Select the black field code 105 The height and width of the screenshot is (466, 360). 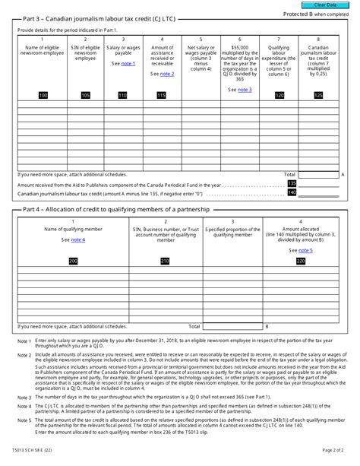pyautogui.click(x=85, y=95)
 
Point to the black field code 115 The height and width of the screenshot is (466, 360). pyautogui.click(x=161, y=95)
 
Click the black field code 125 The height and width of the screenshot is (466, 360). pyautogui.click(x=317, y=95)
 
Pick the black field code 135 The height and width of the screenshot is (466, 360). pyautogui.click(x=292, y=184)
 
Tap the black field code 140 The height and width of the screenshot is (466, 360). pyautogui.click(x=292, y=192)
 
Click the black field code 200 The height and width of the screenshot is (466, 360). pyautogui.click(x=73, y=261)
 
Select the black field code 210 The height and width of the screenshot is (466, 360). pyautogui.click(x=165, y=261)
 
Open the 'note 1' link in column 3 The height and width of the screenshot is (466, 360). pyautogui.click(x=128, y=64)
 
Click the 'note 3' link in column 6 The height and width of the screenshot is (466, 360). pyautogui.click(x=244, y=90)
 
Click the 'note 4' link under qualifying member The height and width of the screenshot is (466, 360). pyautogui.click(x=78, y=239)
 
